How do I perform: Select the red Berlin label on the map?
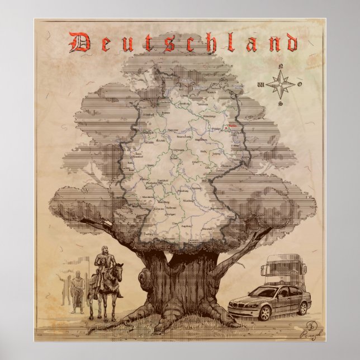[x=229, y=126]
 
